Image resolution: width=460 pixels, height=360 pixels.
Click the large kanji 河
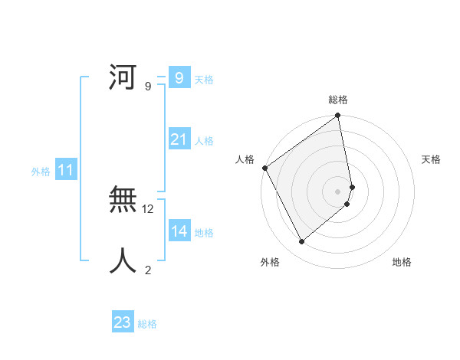(123, 77)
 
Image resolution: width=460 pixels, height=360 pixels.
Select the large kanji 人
(123, 261)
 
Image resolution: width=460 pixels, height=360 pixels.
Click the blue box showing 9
(179, 77)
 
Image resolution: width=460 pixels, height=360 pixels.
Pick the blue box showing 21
(179, 139)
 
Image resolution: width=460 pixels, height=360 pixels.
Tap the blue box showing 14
(179, 231)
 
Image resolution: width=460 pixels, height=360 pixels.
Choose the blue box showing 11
(65, 170)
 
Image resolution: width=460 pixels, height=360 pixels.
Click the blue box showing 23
(122, 322)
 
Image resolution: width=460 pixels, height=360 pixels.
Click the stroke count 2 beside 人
(148, 270)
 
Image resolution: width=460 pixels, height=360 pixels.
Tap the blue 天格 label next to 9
(204, 79)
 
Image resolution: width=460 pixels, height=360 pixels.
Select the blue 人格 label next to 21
(204, 141)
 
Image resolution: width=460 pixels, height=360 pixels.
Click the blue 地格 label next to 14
(204, 233)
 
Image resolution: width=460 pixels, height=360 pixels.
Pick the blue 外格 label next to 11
(41, 172)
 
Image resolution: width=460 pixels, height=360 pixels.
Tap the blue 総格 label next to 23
(147, 324)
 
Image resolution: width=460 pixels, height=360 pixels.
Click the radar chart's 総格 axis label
(338, 100)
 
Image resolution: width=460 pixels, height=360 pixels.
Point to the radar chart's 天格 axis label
(431, 159)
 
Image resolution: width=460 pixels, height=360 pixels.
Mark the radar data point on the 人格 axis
(264, 168)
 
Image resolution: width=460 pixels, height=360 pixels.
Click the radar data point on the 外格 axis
(302, 242)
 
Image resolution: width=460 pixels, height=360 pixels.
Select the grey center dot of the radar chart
(338, 191)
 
